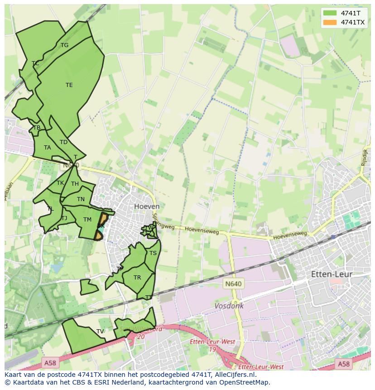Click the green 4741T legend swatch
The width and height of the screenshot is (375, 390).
tap(330, 13)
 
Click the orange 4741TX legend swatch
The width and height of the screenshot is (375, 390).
tap(330, 22)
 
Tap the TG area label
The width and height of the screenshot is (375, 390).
tap(64, 45)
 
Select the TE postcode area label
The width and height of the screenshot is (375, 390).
tap(69, 85)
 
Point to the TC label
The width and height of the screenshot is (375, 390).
tap(35, 63)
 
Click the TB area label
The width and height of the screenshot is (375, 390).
tap(37, 128)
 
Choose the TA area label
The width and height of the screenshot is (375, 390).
tap(48, 148)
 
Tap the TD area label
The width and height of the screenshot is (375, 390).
tap(63, 142)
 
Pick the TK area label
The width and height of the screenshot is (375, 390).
tap(60, 183)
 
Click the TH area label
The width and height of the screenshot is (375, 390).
tap(75, 184)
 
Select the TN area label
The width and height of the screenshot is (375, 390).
tap(81, 199)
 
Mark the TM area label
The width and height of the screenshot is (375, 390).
tap(87, 220)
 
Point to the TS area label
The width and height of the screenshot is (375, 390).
tap(153, 253)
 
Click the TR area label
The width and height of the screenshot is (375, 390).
tap(137, 278)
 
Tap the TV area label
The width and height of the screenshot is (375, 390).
tap(100, 332)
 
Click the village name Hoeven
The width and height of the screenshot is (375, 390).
tap(147, 207)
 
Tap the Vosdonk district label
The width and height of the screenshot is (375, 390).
tap(229, 306)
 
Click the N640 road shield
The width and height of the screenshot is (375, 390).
tap(233, 284)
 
